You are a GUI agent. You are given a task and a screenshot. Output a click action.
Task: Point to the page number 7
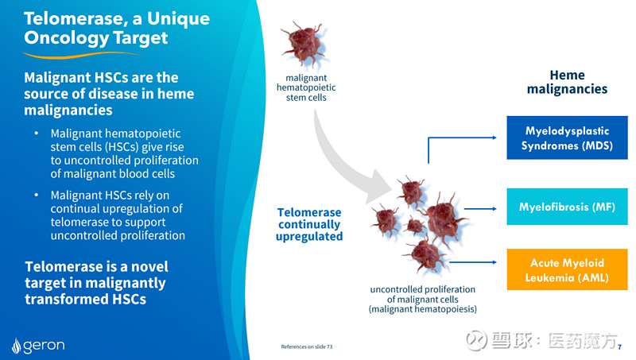(x=620, y=346)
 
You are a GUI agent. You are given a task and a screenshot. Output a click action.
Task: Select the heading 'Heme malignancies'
(x=567, y=82)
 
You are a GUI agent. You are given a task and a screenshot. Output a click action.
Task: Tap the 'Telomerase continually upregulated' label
(x=309, y=224)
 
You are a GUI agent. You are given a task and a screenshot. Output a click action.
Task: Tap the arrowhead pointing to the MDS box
(x=494, y=137)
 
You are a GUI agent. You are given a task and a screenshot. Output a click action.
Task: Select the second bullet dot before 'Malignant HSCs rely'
(x=35, y=194)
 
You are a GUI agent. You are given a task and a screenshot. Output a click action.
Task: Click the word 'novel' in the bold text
(x=148, y=266)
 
